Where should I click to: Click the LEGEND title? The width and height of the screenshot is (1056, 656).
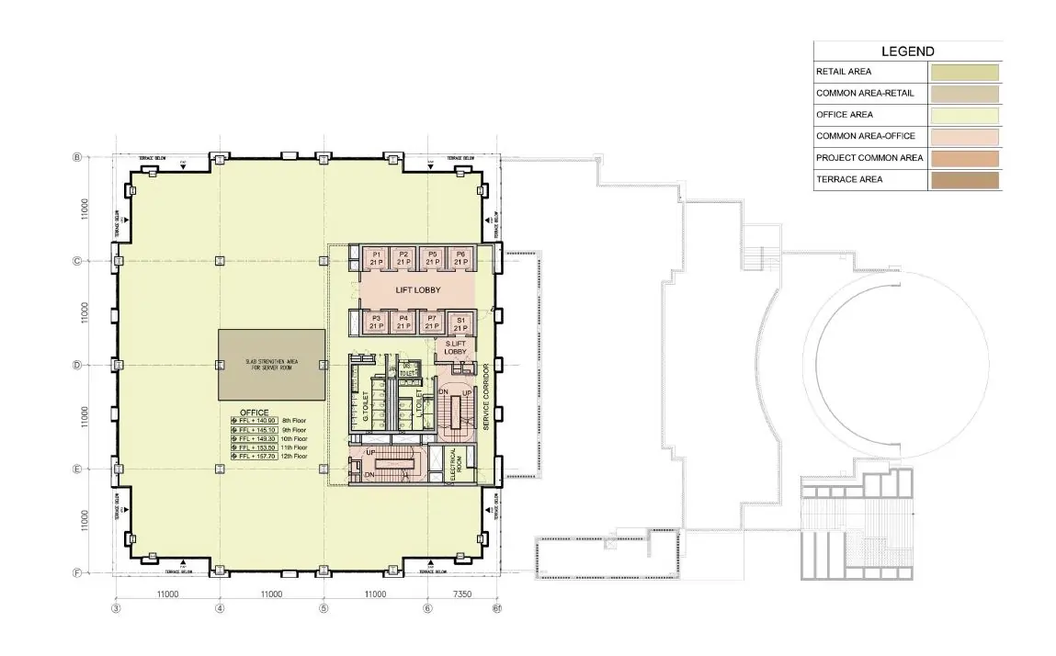907,51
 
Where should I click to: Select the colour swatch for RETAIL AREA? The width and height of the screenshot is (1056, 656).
963,72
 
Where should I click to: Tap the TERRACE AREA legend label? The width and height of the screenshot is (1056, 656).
848,179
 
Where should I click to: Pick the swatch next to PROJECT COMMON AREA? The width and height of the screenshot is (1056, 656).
963,158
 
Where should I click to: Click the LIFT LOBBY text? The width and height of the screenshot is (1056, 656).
418,290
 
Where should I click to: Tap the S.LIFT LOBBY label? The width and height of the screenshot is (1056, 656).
457,347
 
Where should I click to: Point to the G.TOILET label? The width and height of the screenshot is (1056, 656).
366,404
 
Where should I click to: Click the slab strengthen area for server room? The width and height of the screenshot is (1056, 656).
271,364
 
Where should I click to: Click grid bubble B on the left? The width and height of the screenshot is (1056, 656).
77,157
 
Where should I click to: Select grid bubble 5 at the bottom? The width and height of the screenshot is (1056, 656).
324,608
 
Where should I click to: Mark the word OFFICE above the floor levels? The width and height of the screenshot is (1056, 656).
254,412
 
